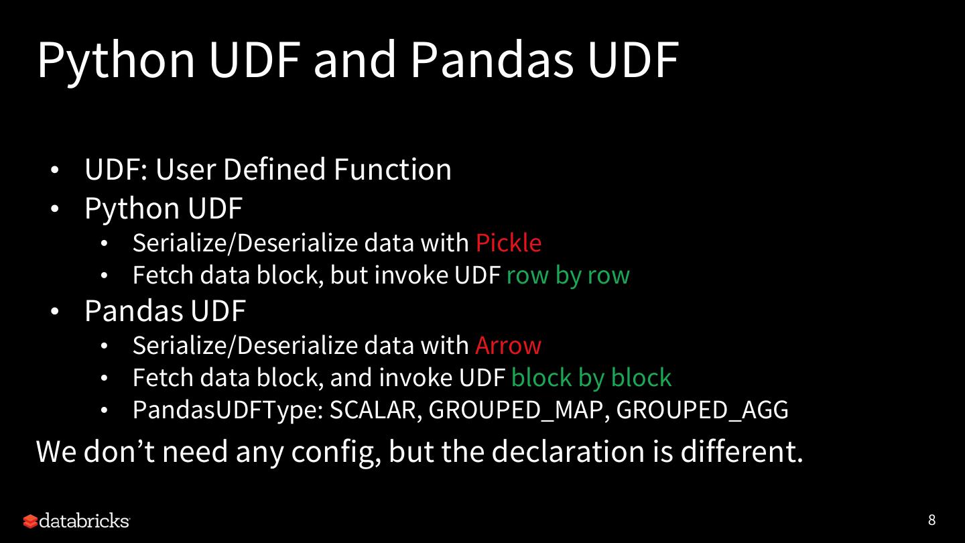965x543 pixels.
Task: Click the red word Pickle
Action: click(509, 243)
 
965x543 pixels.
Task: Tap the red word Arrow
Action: click(508, 346)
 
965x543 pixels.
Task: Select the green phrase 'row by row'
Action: click(568, 276)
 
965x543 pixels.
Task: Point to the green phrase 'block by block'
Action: click(592, 378)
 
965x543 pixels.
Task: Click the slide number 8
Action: click(931, 520)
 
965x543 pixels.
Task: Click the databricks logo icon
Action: click(31, 521)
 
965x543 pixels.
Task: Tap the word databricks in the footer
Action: click(84, 521)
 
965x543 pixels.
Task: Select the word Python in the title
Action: click(117, 61)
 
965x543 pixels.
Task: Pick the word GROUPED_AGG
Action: click(702, 410)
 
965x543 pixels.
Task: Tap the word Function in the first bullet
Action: click(393, 169)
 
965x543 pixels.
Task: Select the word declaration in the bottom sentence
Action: click(568, 451)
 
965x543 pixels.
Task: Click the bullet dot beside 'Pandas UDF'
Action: click(54, 311)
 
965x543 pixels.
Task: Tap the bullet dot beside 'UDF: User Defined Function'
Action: click(54, 170)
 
